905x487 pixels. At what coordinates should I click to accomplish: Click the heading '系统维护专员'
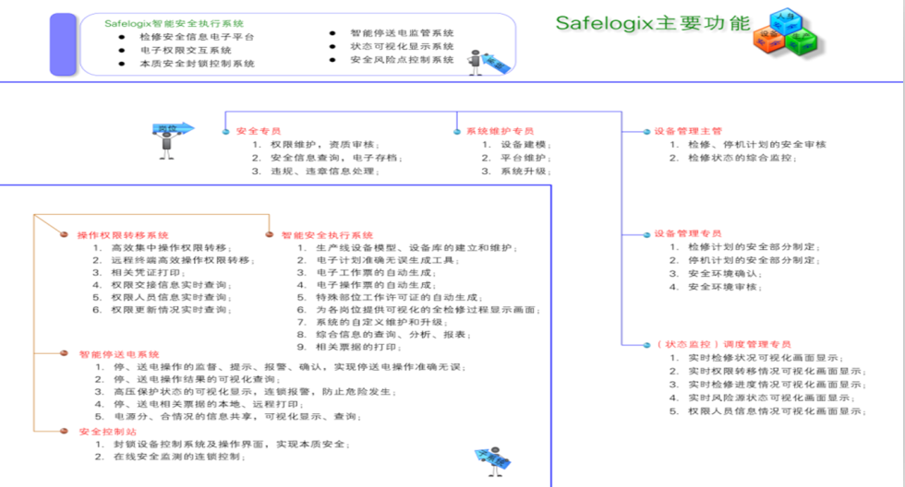coord(500,131)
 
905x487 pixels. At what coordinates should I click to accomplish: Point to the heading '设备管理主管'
coord(687,131)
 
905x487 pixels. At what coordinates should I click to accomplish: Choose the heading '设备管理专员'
coord(687,233)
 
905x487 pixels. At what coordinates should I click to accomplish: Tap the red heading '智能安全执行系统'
coord(328,235)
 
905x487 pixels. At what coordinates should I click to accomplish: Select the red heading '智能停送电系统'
coord(119,353)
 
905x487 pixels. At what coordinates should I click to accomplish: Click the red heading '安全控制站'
coord(108,432)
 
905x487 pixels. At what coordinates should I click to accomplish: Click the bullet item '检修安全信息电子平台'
coord(198,37)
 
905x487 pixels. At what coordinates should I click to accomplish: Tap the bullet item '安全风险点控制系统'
coord(402,60)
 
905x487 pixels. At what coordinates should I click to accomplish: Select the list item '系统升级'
coord(525,172)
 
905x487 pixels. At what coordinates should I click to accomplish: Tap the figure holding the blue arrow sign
coord(170,135)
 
